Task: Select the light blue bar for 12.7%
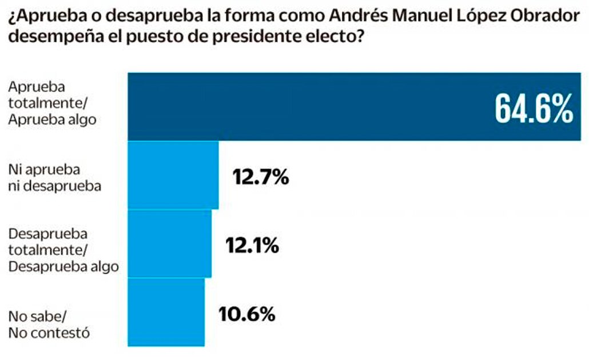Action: coord(173,175)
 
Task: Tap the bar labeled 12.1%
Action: coord(169,243)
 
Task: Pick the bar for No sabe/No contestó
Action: coord(166,312)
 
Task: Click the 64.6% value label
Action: coord(534,108)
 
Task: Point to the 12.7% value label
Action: coord(260,177)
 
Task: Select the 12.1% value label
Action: coord(252,246)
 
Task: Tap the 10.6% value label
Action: coord(247,314)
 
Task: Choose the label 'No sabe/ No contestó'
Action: coord(49,324)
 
